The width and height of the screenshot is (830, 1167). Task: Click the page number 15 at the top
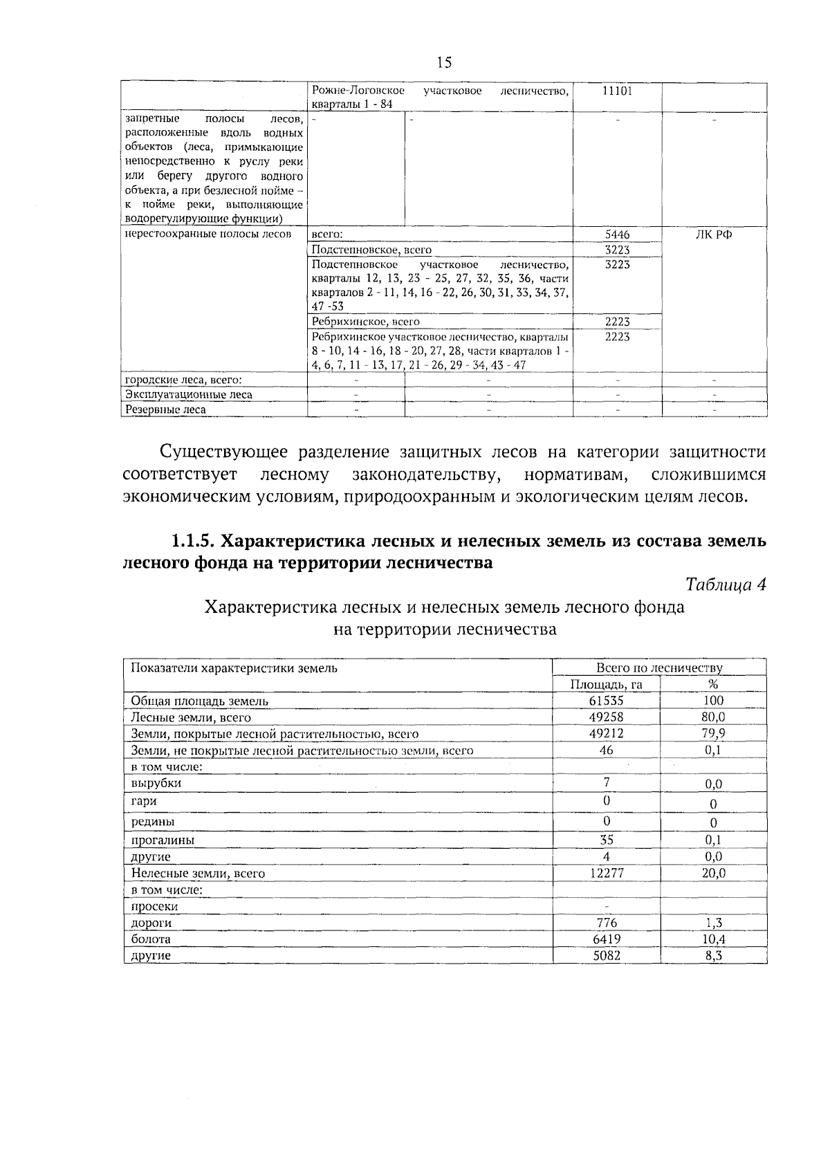pos(444,63)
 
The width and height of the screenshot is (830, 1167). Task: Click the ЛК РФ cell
pos(714,235)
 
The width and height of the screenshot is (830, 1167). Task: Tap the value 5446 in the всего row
pos(617,235)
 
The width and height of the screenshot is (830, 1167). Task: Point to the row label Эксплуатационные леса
pos(188,394)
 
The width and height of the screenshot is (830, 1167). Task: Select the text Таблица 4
pos(726,585)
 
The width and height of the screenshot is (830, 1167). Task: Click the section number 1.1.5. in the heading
pos(196,541)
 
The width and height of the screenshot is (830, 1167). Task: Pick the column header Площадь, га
pos(606,684)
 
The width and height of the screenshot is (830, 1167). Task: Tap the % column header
pos(713,684)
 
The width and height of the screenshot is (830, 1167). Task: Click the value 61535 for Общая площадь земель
pos(606,700)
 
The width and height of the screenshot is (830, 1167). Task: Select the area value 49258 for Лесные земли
pos(606,717)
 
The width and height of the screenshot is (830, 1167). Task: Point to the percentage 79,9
pos(713,733)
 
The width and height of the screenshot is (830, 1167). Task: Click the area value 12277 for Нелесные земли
pos(606,873)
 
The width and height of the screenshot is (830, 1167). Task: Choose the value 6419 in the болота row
pos(606,939)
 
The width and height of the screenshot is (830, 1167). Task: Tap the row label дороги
pos(151,923)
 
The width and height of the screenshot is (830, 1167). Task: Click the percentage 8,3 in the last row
pos(713,956)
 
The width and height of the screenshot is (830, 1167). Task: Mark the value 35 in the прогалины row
pos(606,840)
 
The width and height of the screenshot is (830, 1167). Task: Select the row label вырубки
pos(156,783)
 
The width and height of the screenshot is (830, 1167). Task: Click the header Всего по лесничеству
pos(658,668)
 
